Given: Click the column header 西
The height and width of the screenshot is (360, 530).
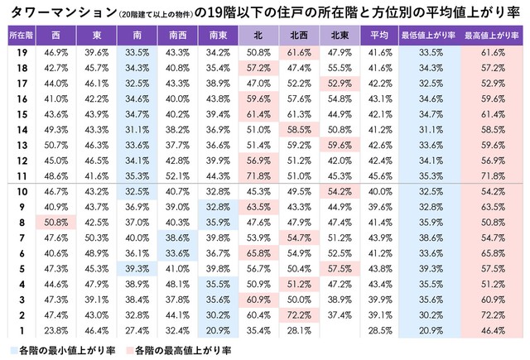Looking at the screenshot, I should tap(55, 36).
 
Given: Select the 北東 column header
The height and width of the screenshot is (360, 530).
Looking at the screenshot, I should tap(340, 36).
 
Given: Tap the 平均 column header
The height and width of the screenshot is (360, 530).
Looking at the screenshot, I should tap(379, 36).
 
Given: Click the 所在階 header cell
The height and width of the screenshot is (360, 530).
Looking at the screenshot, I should tap(18, 36).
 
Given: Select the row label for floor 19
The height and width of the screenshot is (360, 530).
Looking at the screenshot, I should tap(18, 51).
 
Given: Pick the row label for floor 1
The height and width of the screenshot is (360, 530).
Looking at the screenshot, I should tap(18, 330).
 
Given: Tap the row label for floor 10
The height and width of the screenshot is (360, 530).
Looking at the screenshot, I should tap(18, 191).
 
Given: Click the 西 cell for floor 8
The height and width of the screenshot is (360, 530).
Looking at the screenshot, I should tap(55, 222).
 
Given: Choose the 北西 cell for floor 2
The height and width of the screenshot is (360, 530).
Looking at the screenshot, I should tap(298, 314).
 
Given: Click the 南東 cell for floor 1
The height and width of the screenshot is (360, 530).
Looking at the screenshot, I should tap(216, 330).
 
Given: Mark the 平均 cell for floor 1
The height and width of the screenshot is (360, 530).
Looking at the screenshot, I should tap(379, 330).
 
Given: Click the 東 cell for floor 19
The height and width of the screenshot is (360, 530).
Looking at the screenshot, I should tap(95, 51).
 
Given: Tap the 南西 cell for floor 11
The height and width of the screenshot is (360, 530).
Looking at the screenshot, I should tap(176, 175).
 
